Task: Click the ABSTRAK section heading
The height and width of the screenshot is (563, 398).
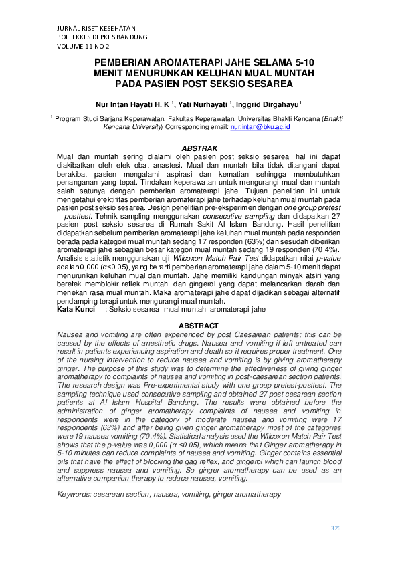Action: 199,148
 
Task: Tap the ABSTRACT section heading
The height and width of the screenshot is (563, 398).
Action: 199,325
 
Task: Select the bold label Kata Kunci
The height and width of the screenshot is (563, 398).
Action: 76,310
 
